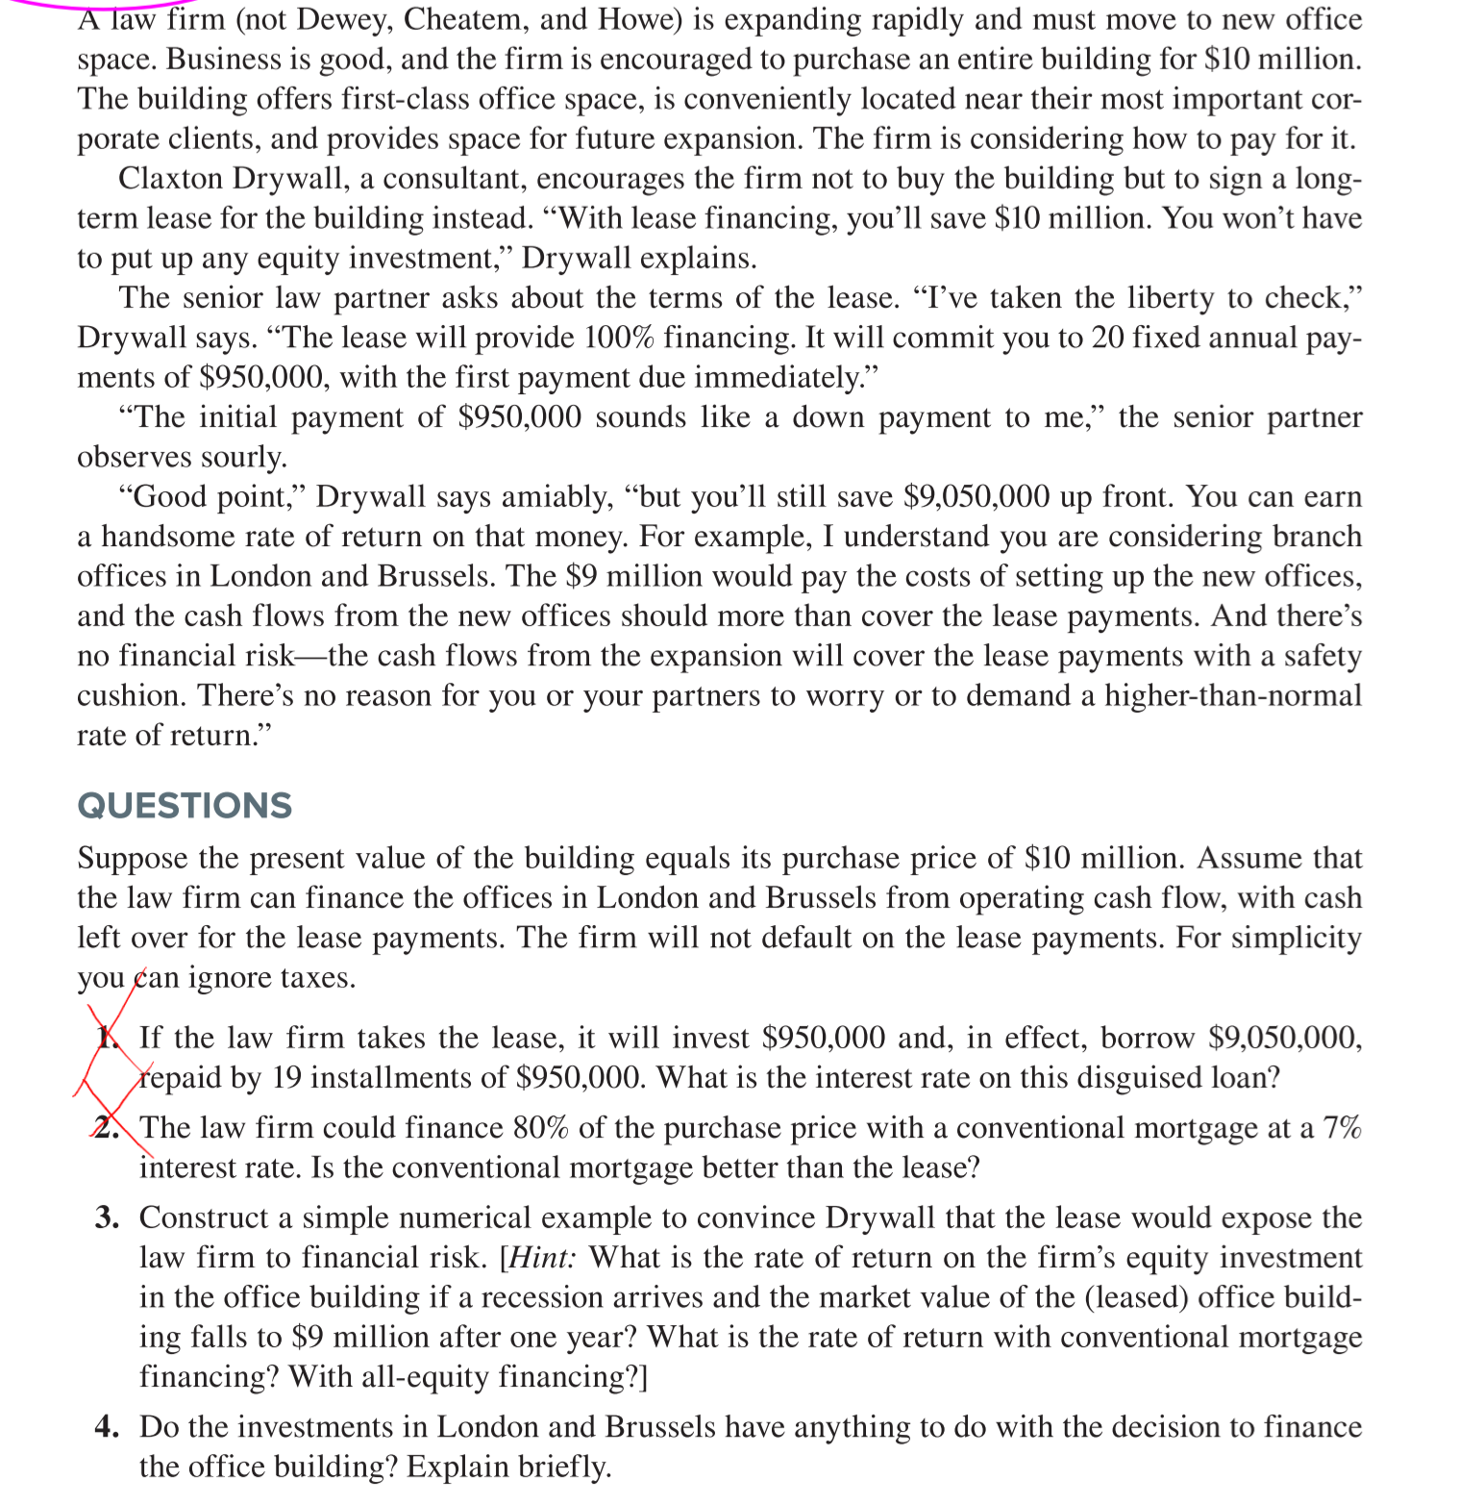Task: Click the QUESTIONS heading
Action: point(185,806)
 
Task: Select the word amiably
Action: point(556,497)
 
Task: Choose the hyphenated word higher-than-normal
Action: point(1232,696)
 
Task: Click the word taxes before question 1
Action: point(317,978)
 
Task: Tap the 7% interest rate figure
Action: point(1341,1128)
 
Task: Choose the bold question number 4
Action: point(107,1427)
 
